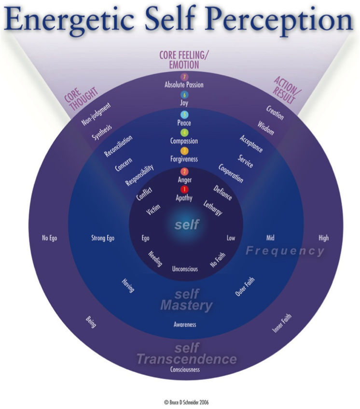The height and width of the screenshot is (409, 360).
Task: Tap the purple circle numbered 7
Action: click(x=184, y=77)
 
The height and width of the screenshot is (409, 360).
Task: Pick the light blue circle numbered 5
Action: click(x=184, y=114)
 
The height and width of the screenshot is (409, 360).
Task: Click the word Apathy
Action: click(x=184, y=198)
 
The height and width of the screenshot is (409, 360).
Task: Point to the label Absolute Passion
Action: click(x=184, y=85)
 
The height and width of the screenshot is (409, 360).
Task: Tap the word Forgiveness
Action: click(x=184, y=159)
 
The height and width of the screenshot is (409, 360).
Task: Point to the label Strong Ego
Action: click(x=103, y=238)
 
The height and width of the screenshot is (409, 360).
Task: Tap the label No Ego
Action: click(x=50, y=238)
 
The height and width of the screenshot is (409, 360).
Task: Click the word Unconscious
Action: click(x=185, y=269)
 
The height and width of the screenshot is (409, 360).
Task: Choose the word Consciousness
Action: click(x=185, y=370)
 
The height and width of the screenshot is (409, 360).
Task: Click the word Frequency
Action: click(x=285, y=251)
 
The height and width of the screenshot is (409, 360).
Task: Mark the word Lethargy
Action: click(x=213, y=208)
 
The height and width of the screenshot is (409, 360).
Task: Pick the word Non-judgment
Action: click(x=96, y=114)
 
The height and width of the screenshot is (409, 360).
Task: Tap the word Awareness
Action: click(x=185, y=324)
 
